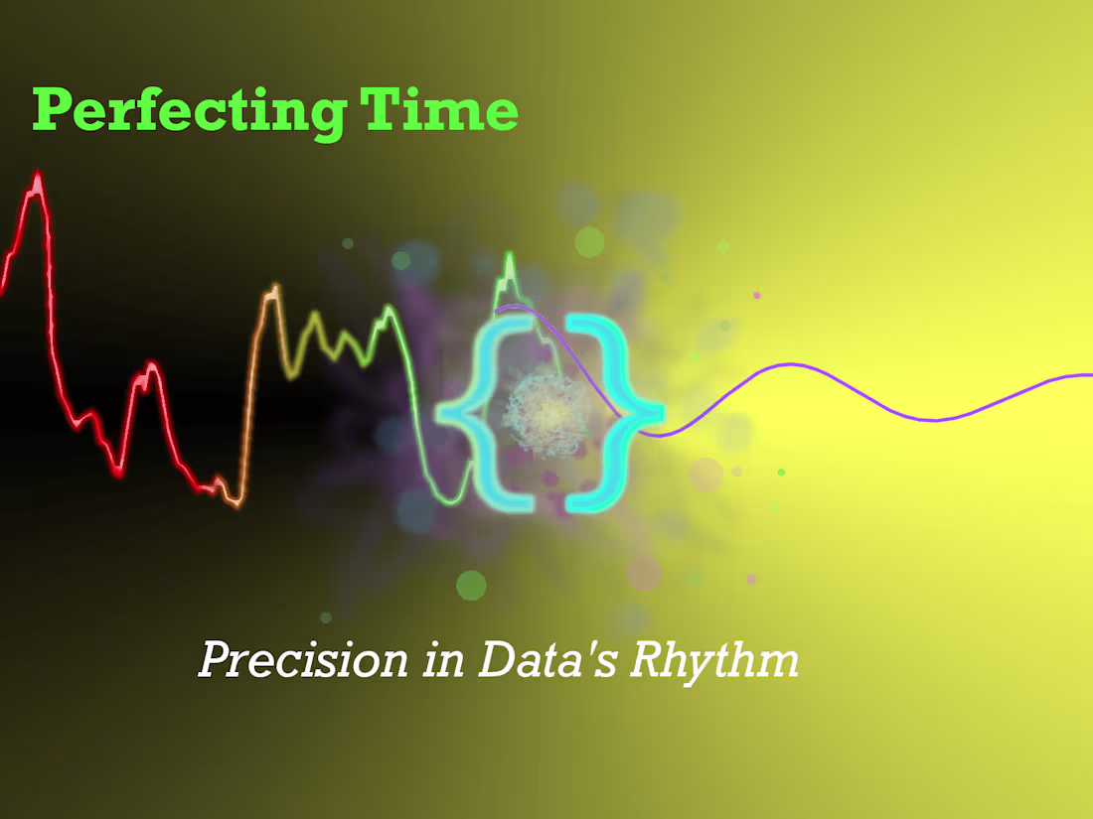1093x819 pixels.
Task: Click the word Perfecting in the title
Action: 189,111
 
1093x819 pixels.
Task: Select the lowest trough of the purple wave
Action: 934,420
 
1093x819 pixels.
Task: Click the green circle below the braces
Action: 471,586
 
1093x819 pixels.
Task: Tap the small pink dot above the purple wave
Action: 757,295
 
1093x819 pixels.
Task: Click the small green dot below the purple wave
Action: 782,472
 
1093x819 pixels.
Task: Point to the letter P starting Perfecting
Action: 51,111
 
